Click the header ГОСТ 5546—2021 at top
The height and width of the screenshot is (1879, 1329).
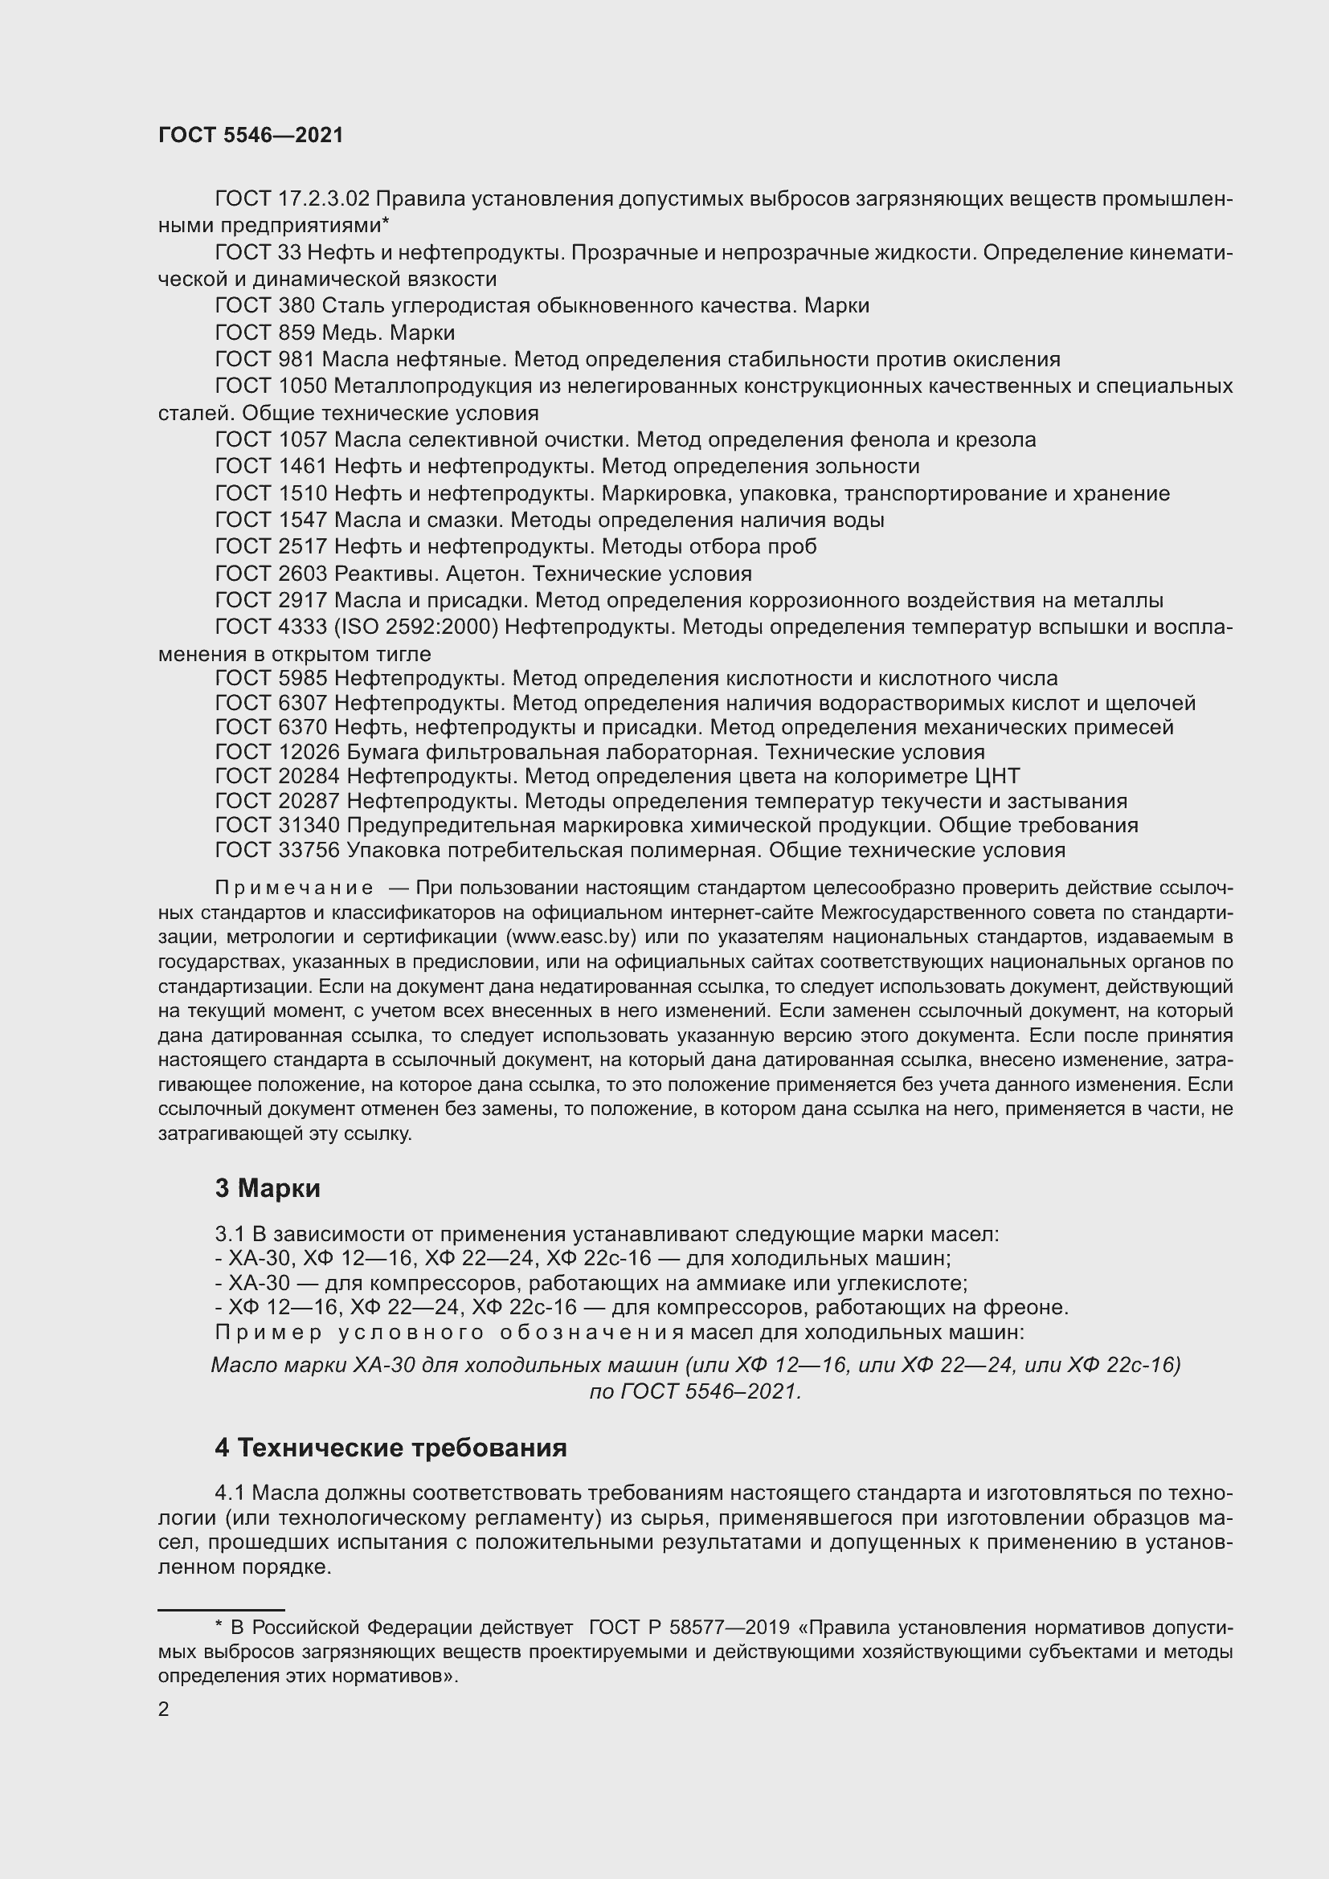[x=251, y=135]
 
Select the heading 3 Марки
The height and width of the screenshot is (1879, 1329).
[x=268, y=1187]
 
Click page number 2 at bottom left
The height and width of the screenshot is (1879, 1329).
[x=164, y=1709]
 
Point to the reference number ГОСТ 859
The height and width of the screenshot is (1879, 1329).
[x=264, y=333]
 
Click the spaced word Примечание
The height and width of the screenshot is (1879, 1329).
[x=295, y=888]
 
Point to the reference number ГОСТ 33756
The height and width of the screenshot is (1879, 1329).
[x=276, y=850]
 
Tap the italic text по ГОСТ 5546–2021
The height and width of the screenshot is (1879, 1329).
[x=695, y=1391]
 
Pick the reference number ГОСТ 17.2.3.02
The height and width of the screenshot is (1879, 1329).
[x=292, y=199]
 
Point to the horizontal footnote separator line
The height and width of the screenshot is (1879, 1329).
[x=221, y=1607]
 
